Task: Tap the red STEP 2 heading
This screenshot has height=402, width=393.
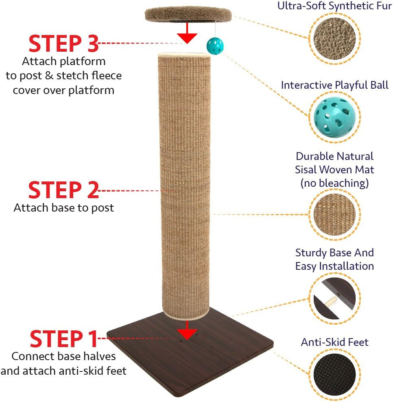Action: (63, 190)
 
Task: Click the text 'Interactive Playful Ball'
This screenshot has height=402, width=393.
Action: (334, 85)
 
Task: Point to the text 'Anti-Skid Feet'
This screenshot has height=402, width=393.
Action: (334, 342)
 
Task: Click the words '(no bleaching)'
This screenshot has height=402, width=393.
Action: (334, 183)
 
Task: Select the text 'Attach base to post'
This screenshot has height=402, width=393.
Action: (63, 208)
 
